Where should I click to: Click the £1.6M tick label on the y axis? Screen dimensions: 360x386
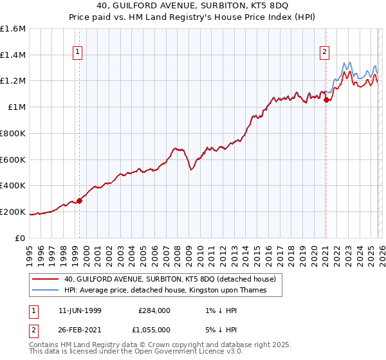(13, 29)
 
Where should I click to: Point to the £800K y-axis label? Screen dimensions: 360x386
(13, 133)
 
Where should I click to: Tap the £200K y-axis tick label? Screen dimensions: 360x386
(13, 212)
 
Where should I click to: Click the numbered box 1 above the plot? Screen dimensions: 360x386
(77, 53)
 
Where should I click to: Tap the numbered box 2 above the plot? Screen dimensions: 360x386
(324, 53)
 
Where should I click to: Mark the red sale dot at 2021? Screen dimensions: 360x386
(326, 100)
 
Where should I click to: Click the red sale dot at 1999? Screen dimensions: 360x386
(80, 201)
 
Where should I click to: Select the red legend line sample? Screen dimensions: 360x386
(46, 279)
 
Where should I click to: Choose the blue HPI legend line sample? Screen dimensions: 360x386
(46, 291)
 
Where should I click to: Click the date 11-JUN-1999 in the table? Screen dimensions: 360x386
(79, 310)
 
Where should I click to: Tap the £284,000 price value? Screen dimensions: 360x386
(154, 310)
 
